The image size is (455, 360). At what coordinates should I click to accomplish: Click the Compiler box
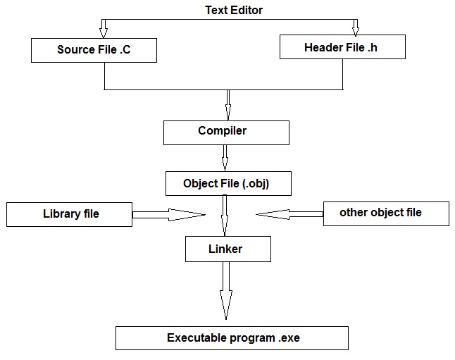[x=226, y=132]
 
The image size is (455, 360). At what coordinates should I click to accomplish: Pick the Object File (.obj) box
[x=227, y=183]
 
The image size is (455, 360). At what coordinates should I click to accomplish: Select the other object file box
[x=385, y=213]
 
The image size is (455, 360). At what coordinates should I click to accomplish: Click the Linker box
[x=226, y=249]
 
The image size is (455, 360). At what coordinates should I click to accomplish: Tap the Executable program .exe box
[x=232, y=337]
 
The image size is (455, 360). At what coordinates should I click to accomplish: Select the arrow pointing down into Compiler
[x=227, y=106]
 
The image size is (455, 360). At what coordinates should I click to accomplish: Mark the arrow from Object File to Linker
[x=225, y=215]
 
